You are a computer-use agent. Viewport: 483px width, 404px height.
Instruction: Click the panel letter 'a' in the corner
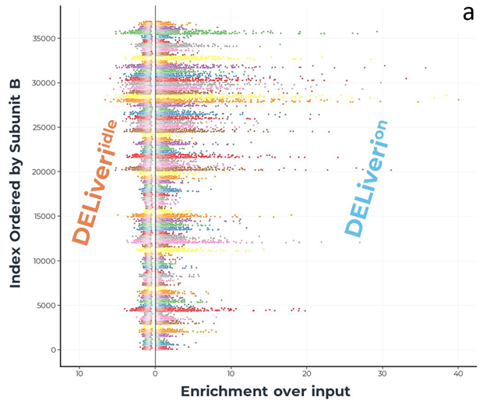coord(467,13)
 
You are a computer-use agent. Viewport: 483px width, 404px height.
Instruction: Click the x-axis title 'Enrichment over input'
coord(265,391)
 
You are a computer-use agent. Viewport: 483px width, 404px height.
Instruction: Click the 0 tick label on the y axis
coord(55,349)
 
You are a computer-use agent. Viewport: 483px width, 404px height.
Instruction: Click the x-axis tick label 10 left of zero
coord(79,372)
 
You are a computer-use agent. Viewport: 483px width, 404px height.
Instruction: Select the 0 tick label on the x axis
coord(155,372)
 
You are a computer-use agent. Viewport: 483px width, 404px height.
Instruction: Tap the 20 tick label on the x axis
coord(307,372)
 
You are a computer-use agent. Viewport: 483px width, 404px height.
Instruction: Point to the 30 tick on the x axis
coord(383,372)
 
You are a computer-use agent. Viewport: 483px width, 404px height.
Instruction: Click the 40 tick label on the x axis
coord(459,372)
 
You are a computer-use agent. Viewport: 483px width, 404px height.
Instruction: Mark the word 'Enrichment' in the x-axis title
coord(222,391)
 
